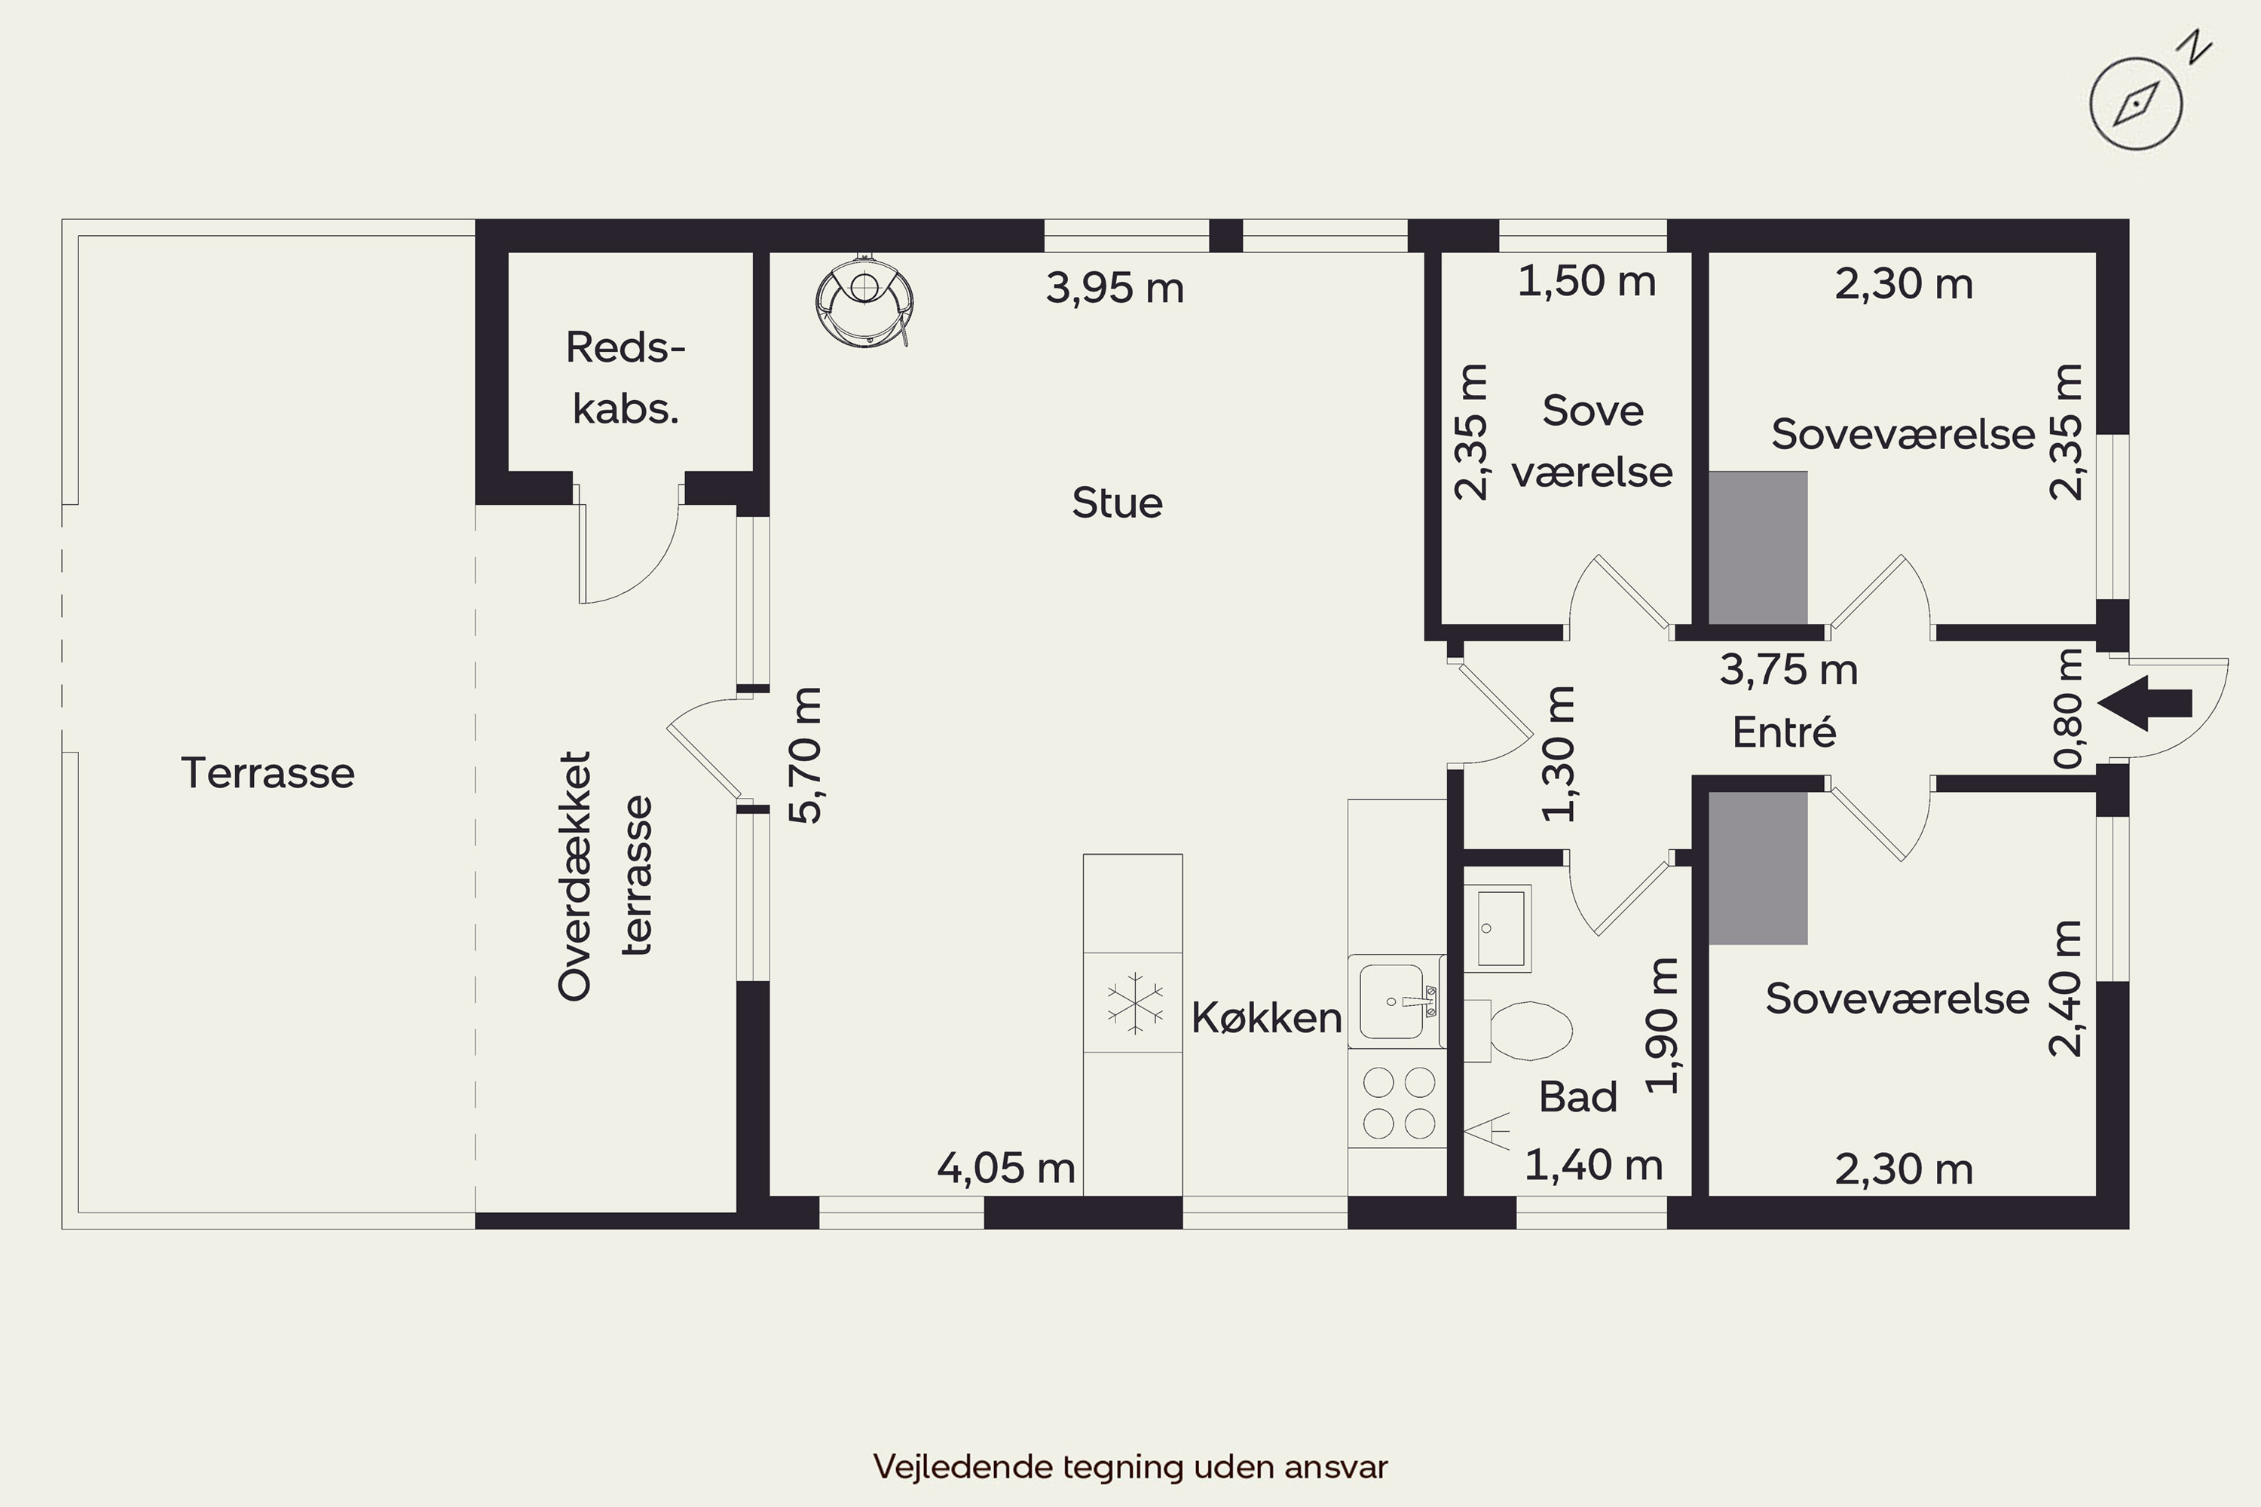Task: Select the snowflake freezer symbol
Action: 1134,1004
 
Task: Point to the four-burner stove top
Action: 1398,1102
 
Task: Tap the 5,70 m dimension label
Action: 806,756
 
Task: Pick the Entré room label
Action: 1784,732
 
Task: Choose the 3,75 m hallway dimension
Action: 1788,669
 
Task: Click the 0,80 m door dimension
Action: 2068,708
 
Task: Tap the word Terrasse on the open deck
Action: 268,773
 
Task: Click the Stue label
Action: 1117,503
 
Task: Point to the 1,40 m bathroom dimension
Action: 1594,1165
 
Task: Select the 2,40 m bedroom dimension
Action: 2065,989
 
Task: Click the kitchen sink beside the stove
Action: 1396,1001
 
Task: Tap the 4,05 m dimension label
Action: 1006,1168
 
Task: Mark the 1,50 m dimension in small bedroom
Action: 1587,280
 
